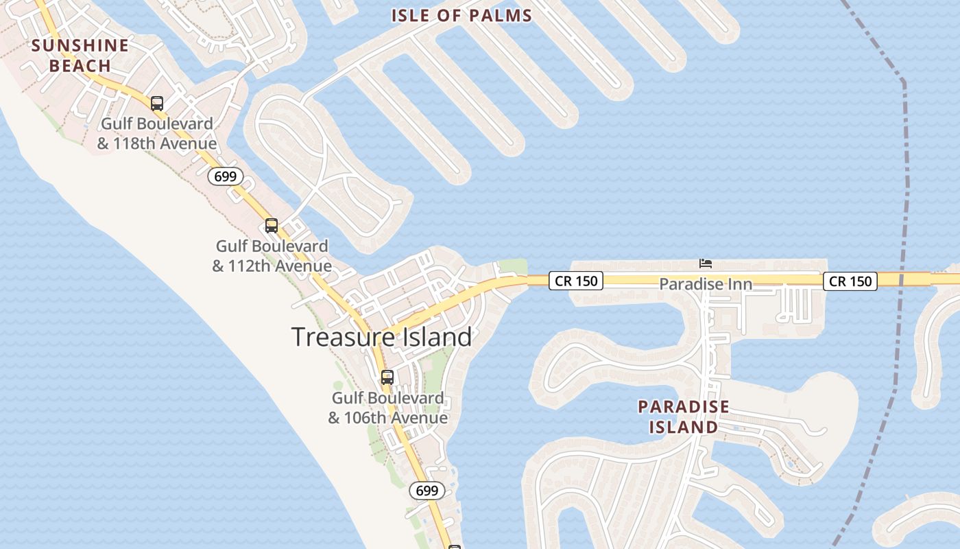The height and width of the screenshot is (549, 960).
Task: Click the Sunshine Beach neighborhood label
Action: (80, 56)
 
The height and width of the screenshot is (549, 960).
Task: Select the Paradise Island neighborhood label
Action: (684, 417)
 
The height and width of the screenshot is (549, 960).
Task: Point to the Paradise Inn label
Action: (706, 283)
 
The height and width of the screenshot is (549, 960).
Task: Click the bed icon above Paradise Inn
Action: (706, 263)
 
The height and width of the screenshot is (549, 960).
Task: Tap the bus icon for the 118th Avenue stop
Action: (157, 104)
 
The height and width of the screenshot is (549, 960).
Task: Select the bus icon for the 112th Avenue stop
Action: (272, 225)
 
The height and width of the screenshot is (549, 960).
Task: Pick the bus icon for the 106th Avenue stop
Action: (387, 377)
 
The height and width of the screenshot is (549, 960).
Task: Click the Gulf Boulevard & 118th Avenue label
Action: (157, 134)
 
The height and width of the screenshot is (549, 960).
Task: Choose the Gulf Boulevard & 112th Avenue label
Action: (272, 255)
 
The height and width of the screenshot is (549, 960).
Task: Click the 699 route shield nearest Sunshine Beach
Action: (225, 176)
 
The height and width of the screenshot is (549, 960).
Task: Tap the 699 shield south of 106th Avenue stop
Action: (427, 490)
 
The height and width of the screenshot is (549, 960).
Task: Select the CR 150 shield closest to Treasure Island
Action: (575, 281)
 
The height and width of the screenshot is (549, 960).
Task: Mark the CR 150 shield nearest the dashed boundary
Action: (850, 281)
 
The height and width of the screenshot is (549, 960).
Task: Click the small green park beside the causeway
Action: (512, 266)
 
